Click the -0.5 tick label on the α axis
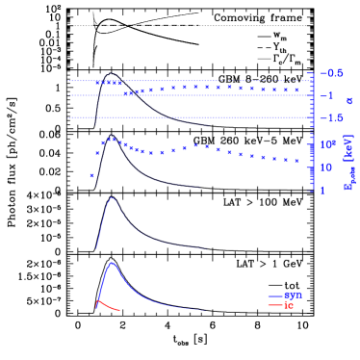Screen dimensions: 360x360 [331, 73]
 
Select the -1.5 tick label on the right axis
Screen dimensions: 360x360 [331, 118]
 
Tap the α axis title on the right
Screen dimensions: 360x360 [349, 100]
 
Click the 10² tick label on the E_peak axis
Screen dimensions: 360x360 [326, 144]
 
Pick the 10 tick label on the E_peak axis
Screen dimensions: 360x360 [326, 167]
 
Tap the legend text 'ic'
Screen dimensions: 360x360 [289, 305]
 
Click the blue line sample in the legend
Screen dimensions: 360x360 [274, 296]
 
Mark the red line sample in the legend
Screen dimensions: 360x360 [274, 305]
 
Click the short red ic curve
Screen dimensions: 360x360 [106, 306]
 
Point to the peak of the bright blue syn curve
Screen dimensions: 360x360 [113, 262]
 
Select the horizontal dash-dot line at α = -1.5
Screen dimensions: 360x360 [193, 118]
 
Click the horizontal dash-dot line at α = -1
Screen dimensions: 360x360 [193, 95]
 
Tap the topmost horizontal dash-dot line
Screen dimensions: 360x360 [193, 81]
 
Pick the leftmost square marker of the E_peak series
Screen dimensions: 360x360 [92, 175]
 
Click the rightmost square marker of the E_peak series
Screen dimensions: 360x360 [298, 162]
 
